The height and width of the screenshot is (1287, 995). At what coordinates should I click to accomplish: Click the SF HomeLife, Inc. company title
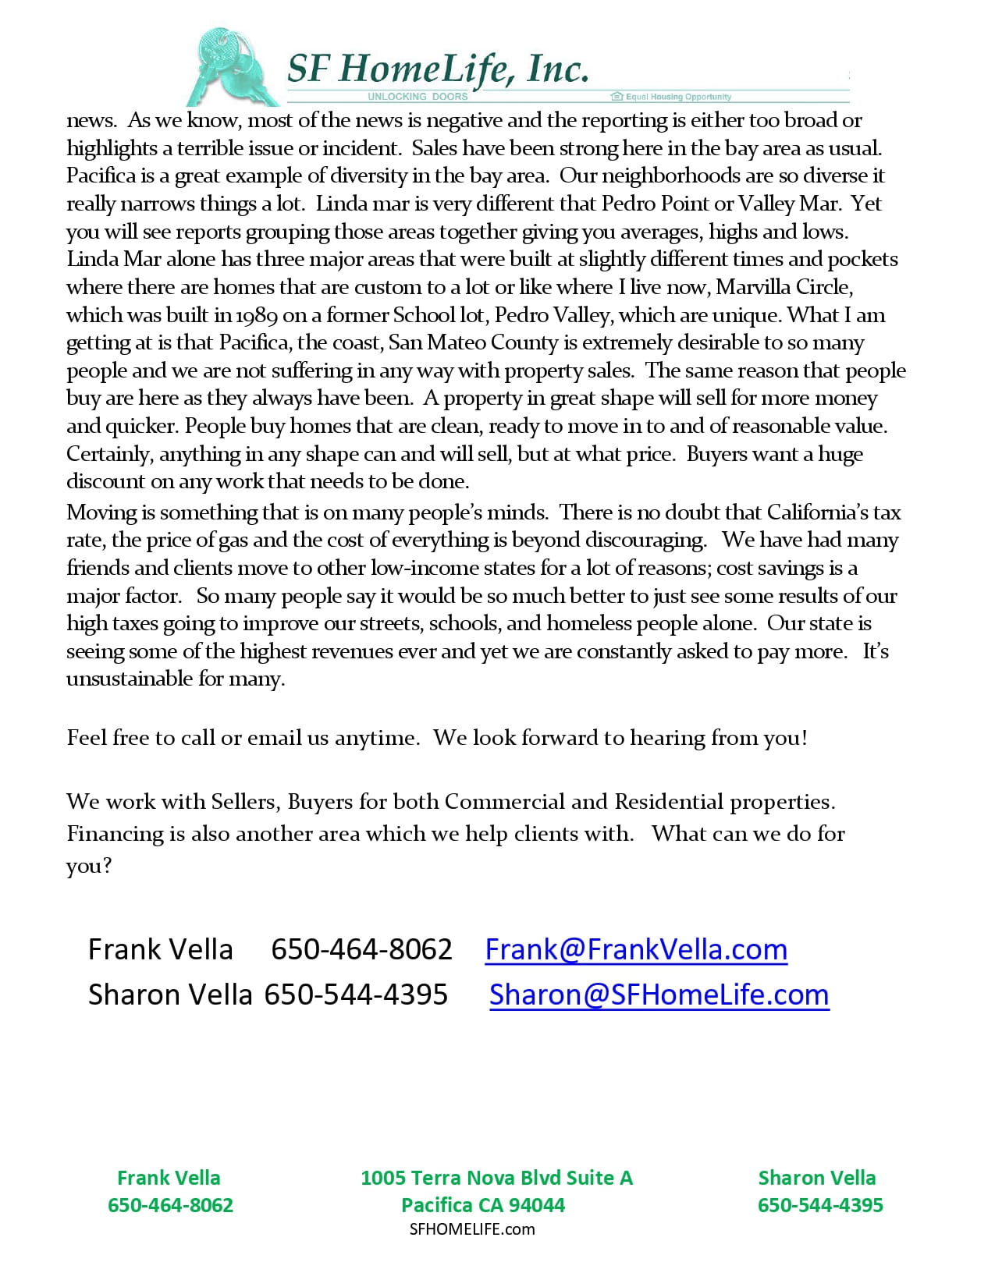437,69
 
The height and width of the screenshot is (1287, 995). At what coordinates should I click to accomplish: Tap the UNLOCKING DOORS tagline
418,97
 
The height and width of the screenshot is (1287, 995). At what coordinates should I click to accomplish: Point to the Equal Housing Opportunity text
677,97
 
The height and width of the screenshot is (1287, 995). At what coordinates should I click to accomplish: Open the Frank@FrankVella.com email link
635,949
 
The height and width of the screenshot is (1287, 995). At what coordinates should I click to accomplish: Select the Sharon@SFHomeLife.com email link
659,994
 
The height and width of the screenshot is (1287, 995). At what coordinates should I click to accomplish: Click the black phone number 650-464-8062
361,949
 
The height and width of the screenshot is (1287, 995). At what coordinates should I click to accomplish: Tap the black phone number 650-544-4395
356,994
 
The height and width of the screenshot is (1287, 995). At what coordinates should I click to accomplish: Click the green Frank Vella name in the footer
169,1178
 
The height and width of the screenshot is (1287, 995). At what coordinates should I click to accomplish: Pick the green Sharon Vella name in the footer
816,1178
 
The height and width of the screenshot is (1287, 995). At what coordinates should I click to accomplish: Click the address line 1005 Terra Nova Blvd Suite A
496,1178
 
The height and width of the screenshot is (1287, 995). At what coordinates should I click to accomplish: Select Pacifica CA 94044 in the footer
482,1205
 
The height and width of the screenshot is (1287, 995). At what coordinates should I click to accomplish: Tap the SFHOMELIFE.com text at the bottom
472,1229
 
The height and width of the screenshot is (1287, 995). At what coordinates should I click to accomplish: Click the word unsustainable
130,679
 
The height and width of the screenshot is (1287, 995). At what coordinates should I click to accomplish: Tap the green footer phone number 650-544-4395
820,1205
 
